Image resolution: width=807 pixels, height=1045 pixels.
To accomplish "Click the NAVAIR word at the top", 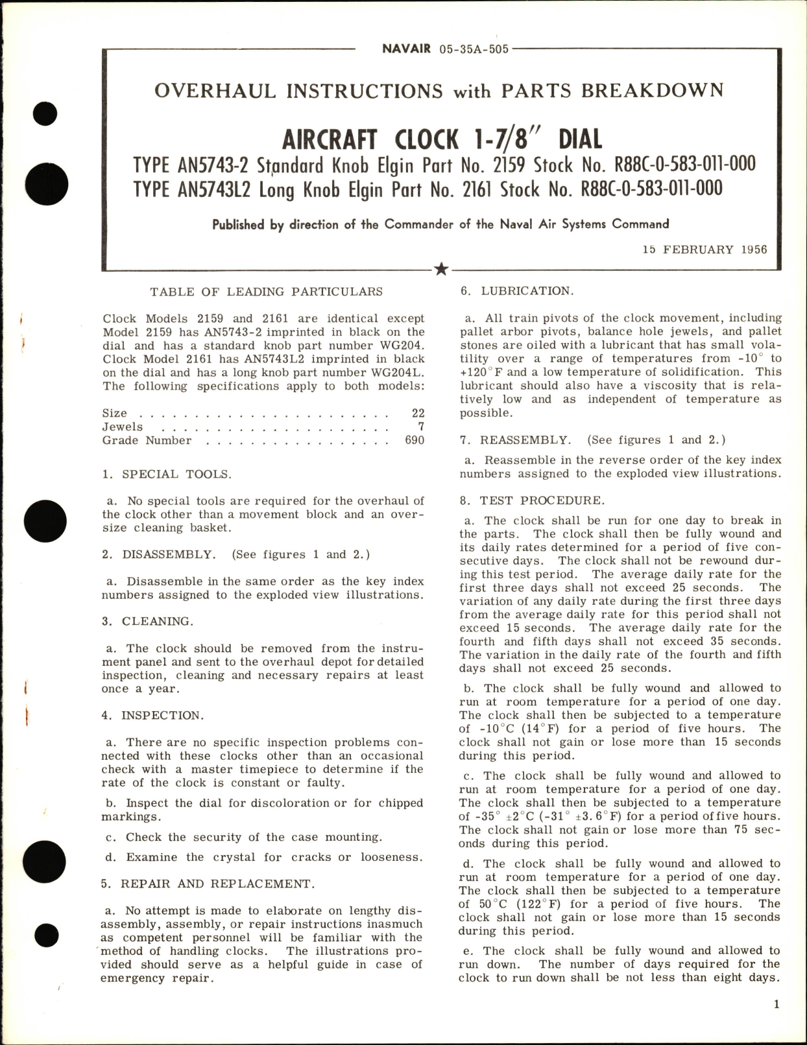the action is coord(406,49).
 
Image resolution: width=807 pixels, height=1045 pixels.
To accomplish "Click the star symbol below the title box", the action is coord(441,269).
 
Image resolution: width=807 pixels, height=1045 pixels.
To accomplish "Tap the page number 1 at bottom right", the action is coord(777,1004).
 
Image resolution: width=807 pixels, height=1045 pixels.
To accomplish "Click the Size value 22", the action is coord(418,413).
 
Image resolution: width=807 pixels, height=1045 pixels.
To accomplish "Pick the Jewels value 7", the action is coord(421,427).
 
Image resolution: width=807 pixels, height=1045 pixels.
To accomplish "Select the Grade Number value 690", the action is coord(415,440).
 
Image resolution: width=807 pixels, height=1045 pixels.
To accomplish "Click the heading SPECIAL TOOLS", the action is coord(176,474).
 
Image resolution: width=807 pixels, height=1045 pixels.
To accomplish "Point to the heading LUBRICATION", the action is coord(527,291).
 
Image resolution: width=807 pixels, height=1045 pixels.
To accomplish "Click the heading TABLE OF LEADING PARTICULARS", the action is coord(266,292).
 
